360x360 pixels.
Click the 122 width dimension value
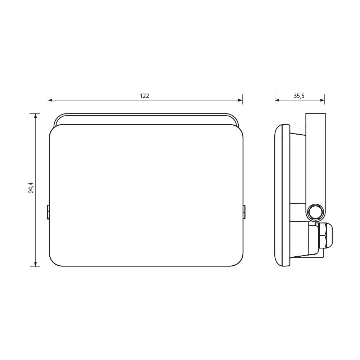point(144,96)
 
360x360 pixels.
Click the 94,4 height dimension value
point(31,188)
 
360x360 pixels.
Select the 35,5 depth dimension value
point(299,96)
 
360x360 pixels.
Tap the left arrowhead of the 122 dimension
point(50,100)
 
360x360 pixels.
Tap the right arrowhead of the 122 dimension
point(240,100)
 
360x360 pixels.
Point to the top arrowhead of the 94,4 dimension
point(35,116)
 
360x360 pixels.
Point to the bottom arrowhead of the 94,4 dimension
point(35,264)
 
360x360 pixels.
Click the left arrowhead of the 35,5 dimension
point(277,100)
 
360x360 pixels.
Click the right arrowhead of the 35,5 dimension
point(322,100)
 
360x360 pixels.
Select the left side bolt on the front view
point(48,212)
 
